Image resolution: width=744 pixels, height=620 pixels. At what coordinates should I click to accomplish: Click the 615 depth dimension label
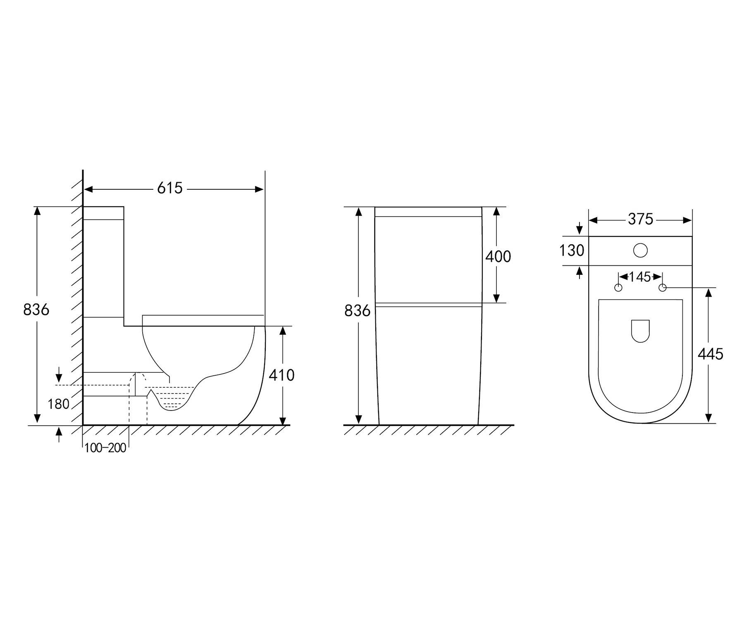tap(169, 188)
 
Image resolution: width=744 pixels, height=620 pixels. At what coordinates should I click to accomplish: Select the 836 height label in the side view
tap(36, 309)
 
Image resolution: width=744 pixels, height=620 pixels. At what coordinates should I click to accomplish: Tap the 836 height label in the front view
tap(358, 310)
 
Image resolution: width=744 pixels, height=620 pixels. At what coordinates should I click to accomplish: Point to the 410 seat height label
tap(281, 375)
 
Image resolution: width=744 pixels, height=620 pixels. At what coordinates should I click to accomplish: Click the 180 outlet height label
tap(58, 404)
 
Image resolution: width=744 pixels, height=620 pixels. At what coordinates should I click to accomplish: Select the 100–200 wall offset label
tap(105, 448)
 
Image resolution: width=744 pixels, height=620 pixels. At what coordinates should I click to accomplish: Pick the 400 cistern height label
tap(498, 257)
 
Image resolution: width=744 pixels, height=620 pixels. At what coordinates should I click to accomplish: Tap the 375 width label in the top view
tap(640, 219)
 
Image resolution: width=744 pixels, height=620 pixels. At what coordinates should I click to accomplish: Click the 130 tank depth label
tap(572, 250)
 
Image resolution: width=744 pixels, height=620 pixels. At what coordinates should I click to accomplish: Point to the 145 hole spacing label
tap(640, 277)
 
